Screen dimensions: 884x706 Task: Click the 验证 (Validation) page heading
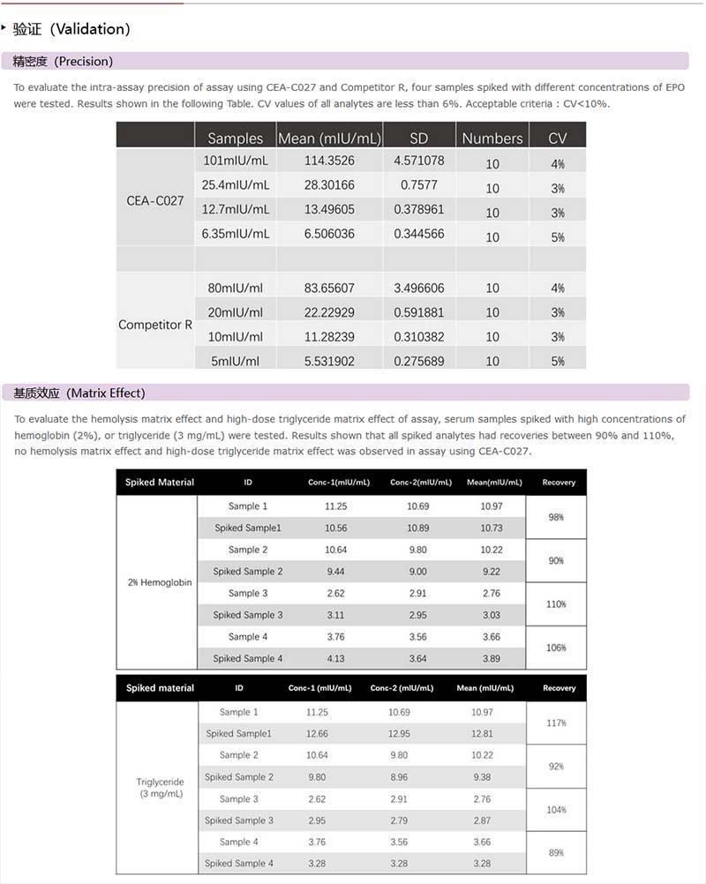point(72,29)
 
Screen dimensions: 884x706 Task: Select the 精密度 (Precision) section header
point(63,61)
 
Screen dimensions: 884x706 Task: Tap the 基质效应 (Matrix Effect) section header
point(79,393)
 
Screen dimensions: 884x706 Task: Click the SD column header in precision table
point(418,138)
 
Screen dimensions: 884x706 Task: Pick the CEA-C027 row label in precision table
point(155,200)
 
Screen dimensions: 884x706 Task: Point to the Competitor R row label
point(155,325)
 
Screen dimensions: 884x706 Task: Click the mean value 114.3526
point(329,161)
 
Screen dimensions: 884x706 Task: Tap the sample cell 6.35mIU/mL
point(236,234)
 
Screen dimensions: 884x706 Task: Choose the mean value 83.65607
point(329,288)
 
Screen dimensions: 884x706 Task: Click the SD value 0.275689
point(418,361)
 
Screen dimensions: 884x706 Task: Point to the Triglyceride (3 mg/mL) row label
point(160,788)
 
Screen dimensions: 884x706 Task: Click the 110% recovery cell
point(556,604)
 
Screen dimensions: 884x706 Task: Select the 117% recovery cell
point(556,723)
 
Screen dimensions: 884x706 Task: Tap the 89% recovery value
point(556,852)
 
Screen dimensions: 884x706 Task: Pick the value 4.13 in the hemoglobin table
point(335,658)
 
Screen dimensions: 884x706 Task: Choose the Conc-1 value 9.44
point(335,571)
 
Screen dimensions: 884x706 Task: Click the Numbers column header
point(492,138)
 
